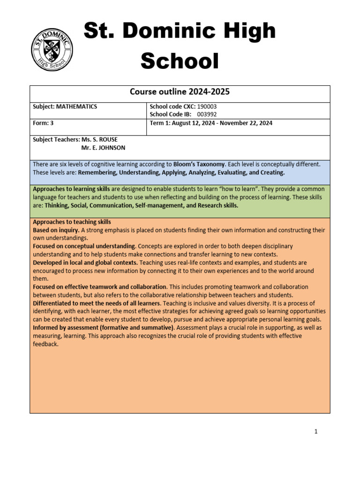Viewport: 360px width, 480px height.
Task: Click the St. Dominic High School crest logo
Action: (52, 50)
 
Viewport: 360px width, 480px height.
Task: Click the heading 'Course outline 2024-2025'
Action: (180, 92)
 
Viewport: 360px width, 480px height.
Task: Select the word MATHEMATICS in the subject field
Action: (76, 107)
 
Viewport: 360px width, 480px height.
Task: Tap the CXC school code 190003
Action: (207, 107)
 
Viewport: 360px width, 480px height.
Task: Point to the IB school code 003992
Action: (207, 114)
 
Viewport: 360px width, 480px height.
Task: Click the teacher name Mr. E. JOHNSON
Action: (103, 148)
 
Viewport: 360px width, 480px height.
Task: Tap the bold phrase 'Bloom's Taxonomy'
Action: (199, 165)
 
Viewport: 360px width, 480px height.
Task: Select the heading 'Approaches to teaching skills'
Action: (72, 222)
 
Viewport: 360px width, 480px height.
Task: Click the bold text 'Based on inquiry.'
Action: (56, 230)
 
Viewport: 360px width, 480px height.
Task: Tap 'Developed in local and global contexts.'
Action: (85, 262)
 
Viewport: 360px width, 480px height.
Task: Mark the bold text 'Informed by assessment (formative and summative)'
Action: (103, 328)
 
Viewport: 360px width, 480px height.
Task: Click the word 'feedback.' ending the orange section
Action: (45, 344)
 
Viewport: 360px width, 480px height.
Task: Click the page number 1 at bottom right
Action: (316, 432)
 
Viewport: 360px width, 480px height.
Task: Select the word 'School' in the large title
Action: (180, 61)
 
